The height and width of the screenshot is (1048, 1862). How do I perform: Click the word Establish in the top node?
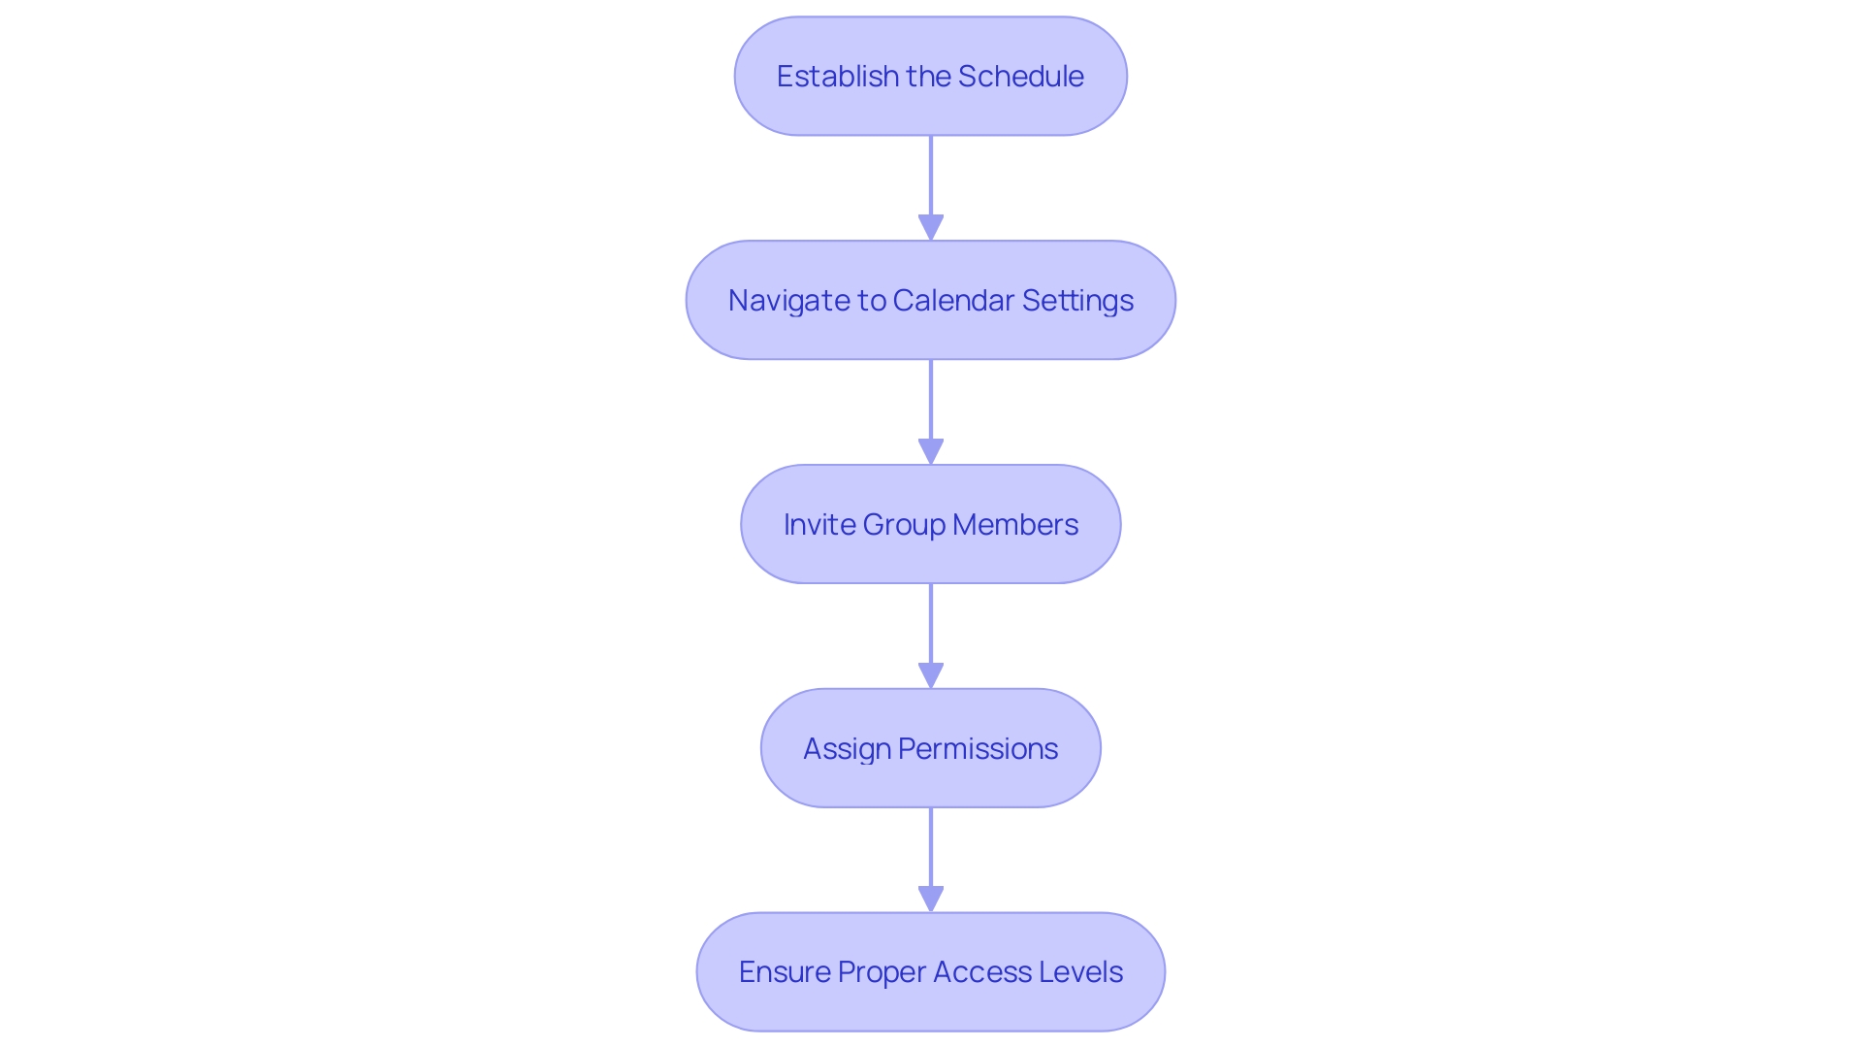(x=838, y=76)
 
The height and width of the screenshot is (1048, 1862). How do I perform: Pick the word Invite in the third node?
(x=819, y=524)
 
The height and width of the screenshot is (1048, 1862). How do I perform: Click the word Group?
(x=903, y=524)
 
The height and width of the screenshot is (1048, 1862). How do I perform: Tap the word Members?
(x=1014, y=524)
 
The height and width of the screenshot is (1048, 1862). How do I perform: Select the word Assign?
(x=847, y=748)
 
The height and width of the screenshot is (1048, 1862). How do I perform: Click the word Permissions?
(x=978, y=748)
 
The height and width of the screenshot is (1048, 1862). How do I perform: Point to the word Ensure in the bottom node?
(x=785, y=971)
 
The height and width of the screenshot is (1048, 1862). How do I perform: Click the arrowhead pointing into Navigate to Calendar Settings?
(x=931, y=227)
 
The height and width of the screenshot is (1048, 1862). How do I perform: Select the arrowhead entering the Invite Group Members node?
(x=931, y=451)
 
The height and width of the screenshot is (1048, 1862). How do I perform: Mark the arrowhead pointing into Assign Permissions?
(x=931, y=675)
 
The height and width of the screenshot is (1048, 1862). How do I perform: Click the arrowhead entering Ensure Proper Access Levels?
(x=931, y=899)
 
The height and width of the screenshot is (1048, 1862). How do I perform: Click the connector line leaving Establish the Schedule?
(x=931, y=175)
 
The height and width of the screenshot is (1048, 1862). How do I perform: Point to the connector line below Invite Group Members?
(x=931, y=623)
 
